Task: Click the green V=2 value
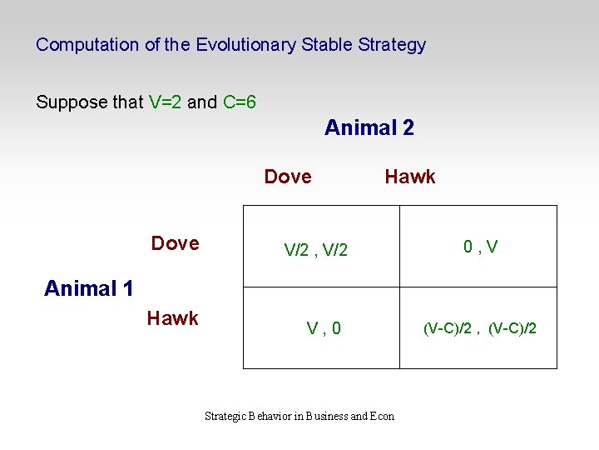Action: point(166,102)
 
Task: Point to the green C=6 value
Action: point(239,102)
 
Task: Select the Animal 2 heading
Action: point(369,127)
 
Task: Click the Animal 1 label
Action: point(88,288)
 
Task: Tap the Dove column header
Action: point(288,177)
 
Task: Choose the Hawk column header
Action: point(409,177)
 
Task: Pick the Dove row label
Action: point(175,243)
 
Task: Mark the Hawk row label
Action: point(172,318)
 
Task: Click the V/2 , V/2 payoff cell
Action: point(316,249)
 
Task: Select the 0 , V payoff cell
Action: point(481,246)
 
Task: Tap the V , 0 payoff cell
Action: point(323,328)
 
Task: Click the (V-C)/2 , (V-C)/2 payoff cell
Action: point(480,328)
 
